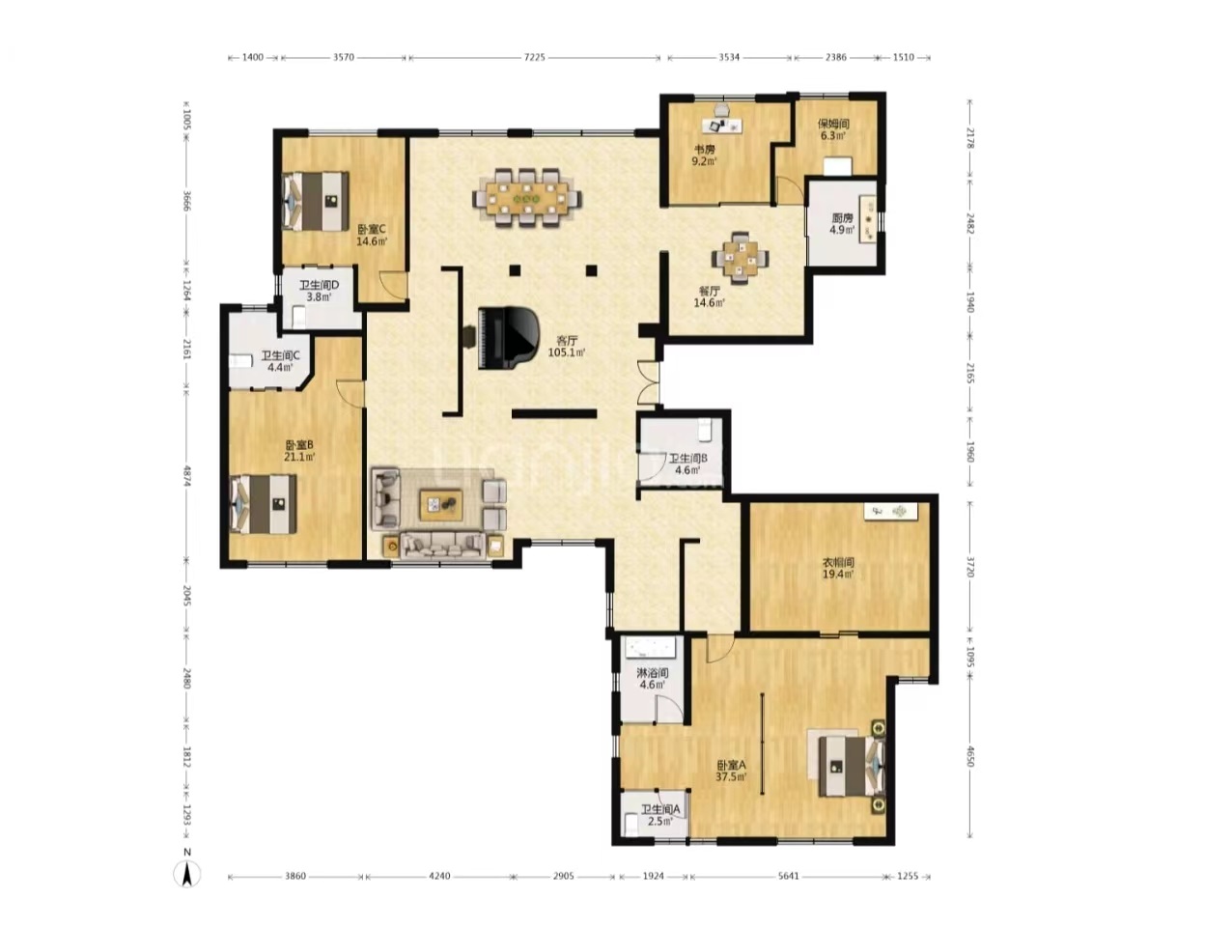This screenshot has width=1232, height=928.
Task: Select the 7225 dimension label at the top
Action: click(534, 57)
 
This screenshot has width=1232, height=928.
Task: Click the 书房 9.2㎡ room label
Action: click(704, 155)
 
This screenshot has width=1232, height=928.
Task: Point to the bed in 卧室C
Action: click(316, 201)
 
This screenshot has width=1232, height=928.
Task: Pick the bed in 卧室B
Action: click(264, 504)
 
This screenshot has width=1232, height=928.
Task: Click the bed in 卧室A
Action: click(851, 767)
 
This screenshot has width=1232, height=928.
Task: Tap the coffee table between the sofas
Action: click(440, 505)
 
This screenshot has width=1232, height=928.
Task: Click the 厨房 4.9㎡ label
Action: click(842, 223)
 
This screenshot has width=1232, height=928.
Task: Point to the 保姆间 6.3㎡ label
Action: click(833, 129)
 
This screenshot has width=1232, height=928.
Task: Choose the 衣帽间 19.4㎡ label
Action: click(838, 568)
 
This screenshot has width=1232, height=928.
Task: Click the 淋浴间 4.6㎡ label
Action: click(652, 679)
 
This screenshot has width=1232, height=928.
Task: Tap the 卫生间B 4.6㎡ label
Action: click(687, 464)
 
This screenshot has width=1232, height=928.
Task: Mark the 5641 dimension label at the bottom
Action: click(788, 876)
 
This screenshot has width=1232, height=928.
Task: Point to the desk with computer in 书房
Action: click(722, 125)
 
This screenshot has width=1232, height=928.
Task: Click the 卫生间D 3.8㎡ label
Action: click(319, 291)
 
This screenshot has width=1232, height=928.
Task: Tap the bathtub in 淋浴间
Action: click(651, 648)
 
